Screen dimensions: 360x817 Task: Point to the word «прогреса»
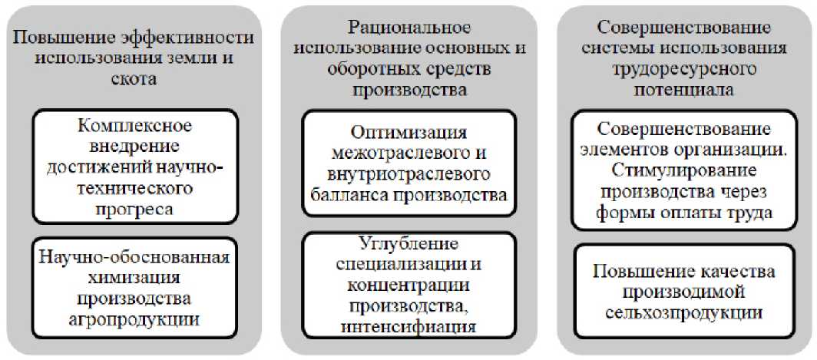(134, 207)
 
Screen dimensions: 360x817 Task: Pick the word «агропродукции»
(134, 316)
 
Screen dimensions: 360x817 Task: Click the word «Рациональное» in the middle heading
(408, 28)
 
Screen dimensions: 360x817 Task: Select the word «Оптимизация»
(408, 131)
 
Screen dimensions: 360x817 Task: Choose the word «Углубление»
(408, 245)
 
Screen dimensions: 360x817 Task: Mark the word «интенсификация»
(408, 328)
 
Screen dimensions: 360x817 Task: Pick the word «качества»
(736, 272)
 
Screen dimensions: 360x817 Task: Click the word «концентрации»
(408, 286)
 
